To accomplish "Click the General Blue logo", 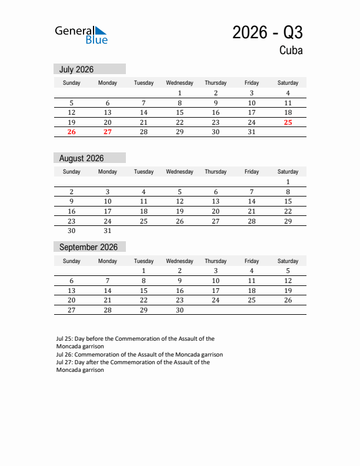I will click(x=81, y=35).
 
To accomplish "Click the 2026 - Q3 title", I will click(x=267, y=33).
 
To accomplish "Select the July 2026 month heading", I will click(x=76, y=69).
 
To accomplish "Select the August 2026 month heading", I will click(x=81, y=158).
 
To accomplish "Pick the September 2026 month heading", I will click(x=88, y=247).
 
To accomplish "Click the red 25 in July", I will click(x=288, y=122).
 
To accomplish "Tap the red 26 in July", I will click(x=72, y=132).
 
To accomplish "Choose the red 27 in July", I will click(x=108, y=132).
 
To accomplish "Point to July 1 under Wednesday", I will click(x=180, y=93).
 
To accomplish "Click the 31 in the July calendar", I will click(x=252, y=132).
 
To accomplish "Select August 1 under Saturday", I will click(x=288, y=182).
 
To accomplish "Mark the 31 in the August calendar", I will click(x=108, y=231).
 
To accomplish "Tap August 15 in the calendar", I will click(x=288, y=201).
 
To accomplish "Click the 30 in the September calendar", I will click(x=180, y=310).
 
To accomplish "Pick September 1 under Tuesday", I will click(x=144, y=271).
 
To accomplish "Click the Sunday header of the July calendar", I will click(x=72, y=83).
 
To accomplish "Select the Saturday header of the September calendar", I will click(x=288, y=261).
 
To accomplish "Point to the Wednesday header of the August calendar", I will click(x=180, y=172).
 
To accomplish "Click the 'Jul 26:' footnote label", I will click(x=65, y=355).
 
